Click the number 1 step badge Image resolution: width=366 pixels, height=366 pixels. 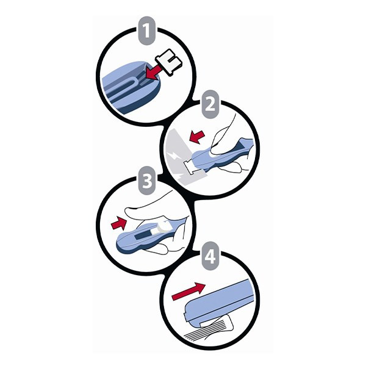click(146, 30)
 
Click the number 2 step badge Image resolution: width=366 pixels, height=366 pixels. click(210, 104)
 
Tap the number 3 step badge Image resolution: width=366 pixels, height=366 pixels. click(147, 181)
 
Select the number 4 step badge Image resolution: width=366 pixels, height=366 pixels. click(210, 256)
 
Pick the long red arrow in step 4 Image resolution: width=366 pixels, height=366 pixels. click(188, 291)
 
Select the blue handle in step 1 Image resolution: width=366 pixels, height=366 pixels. click(131, 87)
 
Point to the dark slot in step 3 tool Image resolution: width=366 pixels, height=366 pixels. click(142, 236)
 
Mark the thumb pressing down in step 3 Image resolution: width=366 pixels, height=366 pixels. click(149, 212)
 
